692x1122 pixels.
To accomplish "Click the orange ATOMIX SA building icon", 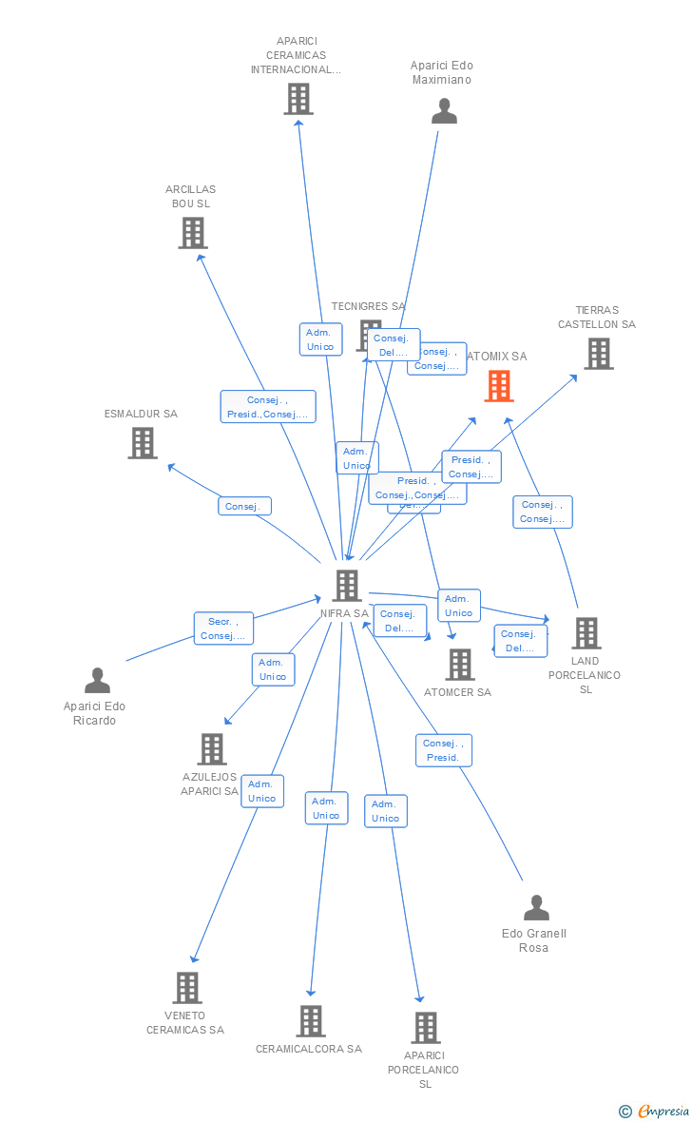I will [499, 386].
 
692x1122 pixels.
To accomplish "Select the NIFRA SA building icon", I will [347, 586].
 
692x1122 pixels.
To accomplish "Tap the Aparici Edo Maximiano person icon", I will [444, 111].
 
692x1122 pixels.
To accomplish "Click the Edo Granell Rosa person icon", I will [536, 908].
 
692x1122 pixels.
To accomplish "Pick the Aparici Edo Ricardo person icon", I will [97, 681].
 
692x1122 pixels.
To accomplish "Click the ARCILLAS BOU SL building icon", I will [193, 233].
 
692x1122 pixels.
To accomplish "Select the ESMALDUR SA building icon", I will [143, 443].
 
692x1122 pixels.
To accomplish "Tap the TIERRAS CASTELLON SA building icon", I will [598, 354].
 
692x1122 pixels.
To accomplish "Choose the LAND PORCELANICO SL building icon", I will [586, 633].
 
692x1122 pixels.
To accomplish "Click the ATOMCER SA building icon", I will [460, 665].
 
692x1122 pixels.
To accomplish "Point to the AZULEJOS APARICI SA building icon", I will [211, 749].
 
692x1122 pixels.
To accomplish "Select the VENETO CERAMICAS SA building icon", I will [187, 988].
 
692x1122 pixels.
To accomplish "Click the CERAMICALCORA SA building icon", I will [311, 1021].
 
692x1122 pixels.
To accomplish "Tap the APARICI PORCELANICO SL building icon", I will [425, 1028].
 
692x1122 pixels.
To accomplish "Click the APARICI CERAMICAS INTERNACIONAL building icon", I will [298, 99].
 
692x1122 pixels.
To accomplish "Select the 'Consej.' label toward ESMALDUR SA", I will [244, 507].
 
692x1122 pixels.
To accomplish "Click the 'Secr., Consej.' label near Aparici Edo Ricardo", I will [223, 629].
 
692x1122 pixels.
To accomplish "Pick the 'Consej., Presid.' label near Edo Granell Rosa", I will [443, 750].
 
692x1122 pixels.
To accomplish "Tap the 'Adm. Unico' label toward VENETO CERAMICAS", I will [261, 791].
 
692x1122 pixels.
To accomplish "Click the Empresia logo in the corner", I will [655, 1111].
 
